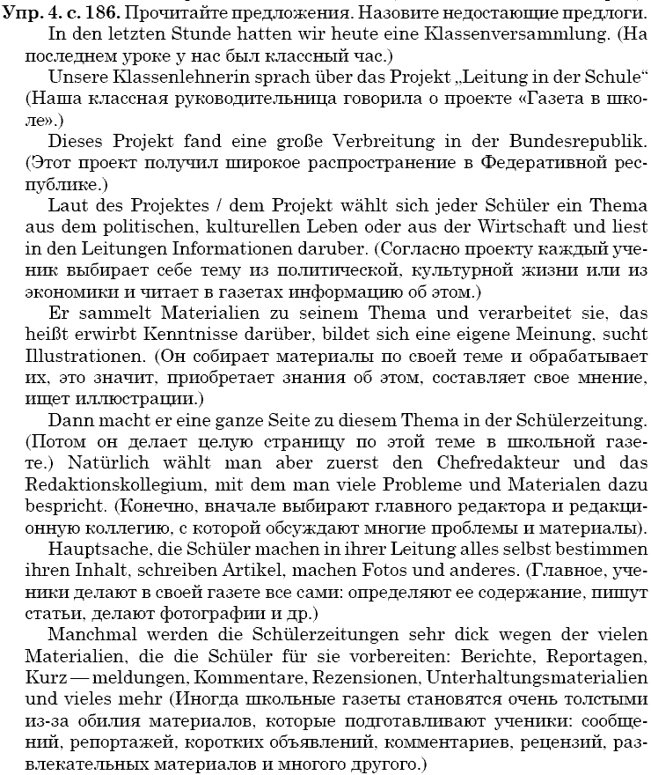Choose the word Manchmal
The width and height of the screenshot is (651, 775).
coord(87,634)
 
